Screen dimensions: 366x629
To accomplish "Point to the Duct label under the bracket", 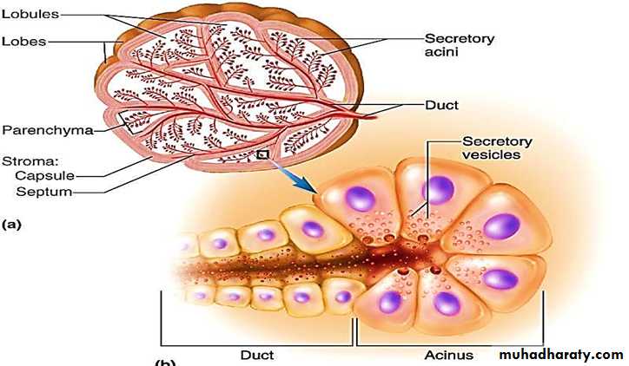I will (256, 355).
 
